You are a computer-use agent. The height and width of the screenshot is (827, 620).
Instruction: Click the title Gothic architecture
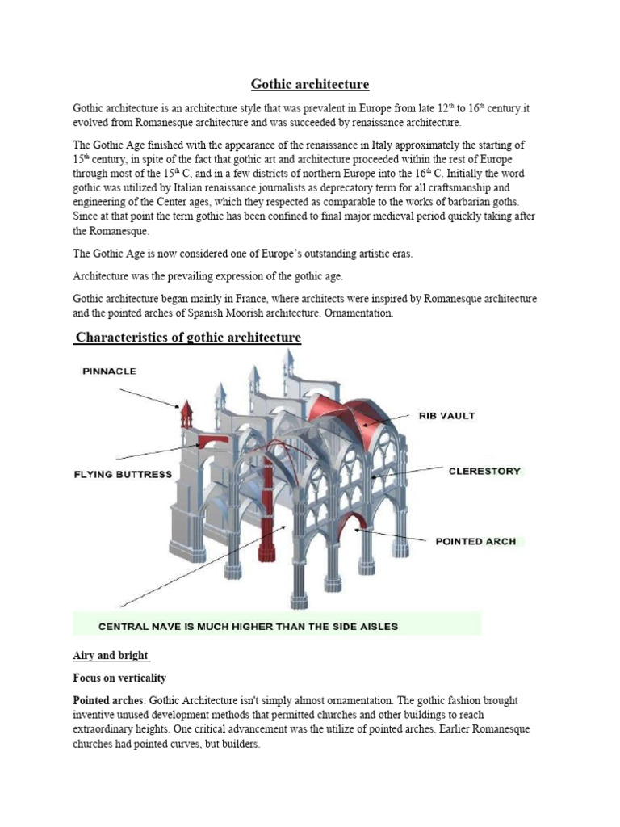[310, 84]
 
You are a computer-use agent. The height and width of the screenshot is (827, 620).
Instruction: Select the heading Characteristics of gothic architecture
[187, 337]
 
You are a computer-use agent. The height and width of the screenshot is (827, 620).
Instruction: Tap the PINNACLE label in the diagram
[109, 372]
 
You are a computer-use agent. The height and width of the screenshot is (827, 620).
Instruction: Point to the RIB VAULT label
[446, 416]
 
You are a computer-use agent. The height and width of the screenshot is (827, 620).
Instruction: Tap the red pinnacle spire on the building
[186, 413]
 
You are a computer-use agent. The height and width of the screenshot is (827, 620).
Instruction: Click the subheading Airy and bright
[111, 655]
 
